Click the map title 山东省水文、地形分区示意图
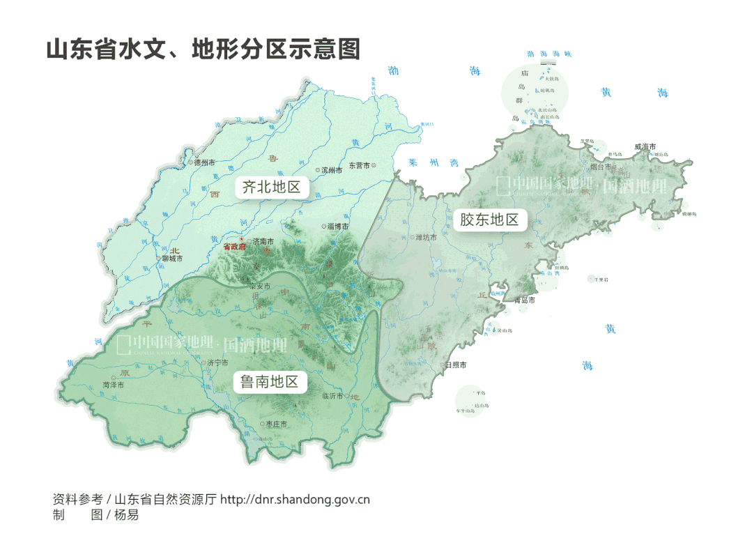pyautogui.click(x=203, y=50)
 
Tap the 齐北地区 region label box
pyautogui.click(x=271, y=187)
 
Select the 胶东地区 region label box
pyautogui.click(x=490, y=220)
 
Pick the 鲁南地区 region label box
pyautogui.click(x=269, y=381)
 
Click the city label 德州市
pyautogui.click(x=204, y=162)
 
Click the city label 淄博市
pyautogui.click(x=337, y=226)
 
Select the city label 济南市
pyautogui.click(x=263, y=241)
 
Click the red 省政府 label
pyautogui.click(x=235, y=247)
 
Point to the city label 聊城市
pyautogui.click(x=171, y=259)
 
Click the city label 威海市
pyautogui.click(x=645, y=146)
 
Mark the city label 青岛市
pyautogui.click(x=524, y=300)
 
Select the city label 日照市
pyautogui.click(x=456, y=365)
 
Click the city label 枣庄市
pyautogui.click(x=275, y=424)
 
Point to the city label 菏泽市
pyautogui.click(x=113, y=384)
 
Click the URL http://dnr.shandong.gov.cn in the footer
pyautogui.click(x=295, y=500)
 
